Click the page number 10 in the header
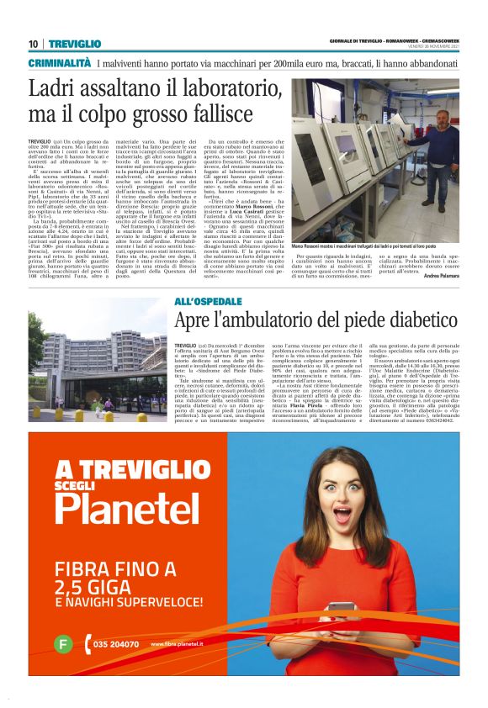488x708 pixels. (x=33, y=43)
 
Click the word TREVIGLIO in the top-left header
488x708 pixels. (x=74, y=43)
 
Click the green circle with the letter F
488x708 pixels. (x=62, y=645)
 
